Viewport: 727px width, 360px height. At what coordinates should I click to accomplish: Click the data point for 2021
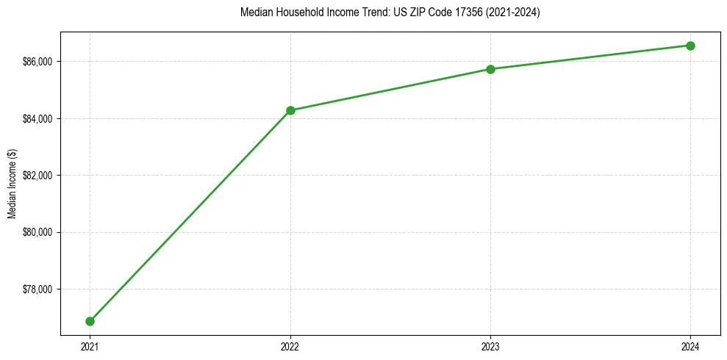tap(90, 321)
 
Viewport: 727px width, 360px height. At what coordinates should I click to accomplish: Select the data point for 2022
tap(290, 110)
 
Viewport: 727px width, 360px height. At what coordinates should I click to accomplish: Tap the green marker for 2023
tap(490, 69)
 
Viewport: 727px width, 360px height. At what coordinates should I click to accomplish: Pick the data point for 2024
tap(690, 46)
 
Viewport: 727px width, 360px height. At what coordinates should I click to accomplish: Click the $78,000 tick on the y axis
tap(38, 289)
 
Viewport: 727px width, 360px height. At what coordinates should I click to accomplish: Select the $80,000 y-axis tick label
tap(38, 232)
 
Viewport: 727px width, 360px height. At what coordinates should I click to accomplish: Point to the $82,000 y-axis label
tap(38, 176)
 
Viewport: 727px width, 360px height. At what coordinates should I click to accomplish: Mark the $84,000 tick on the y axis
tap(38, 118)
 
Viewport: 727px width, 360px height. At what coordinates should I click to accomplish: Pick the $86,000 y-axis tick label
tap(38, 62)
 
